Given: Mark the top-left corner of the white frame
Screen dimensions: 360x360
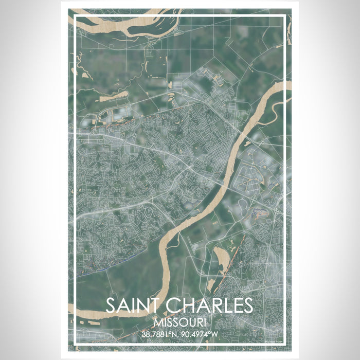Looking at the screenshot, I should coord(75,16).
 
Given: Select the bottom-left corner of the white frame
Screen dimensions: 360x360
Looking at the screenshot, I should coord(75,344).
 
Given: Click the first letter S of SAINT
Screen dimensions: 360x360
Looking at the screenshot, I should coord(111,305).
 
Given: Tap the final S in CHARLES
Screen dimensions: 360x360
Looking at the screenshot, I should coord(247,305).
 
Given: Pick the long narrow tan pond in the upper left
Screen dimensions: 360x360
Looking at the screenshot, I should coord(113,95).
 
